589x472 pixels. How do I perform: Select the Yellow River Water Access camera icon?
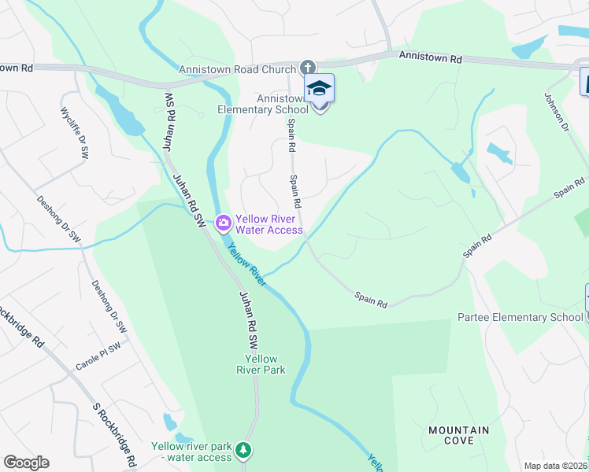[x=224, y=224]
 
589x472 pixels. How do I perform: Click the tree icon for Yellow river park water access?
[x=245, y=451]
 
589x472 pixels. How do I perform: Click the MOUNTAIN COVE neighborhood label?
[x=458, y=435]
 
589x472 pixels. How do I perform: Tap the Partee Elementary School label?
[x=520, y=318]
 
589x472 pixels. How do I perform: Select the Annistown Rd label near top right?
[x=430, y=57]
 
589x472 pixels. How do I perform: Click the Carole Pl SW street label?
[x=98, y=356]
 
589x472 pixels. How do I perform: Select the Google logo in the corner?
[x=26, y=463]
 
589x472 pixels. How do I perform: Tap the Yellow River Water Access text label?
[x=269, y=224]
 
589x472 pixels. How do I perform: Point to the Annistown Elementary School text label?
[x=263, y=104]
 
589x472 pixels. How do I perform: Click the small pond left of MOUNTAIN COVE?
[x=170, y=422]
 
